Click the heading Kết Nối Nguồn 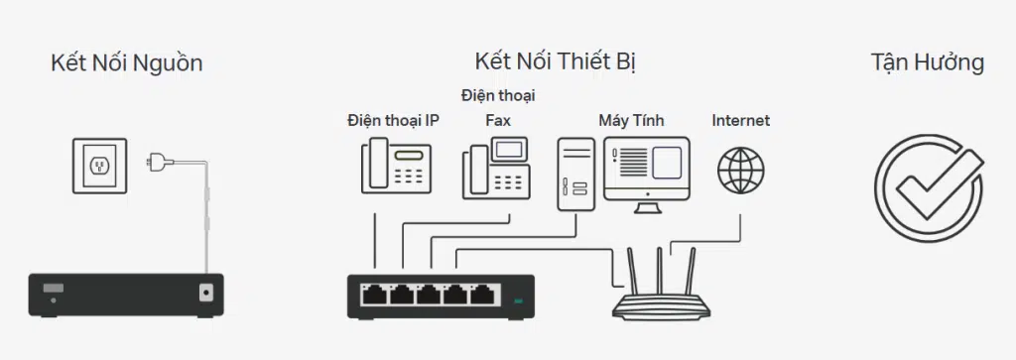(126, 63)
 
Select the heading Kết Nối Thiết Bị (555, 61)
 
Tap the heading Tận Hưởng (927, 62)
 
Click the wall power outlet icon (99, 167)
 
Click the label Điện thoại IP (393, 121)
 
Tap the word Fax (497, 121)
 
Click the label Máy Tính (631, 121)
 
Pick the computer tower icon (575, 173)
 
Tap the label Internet (740, 121)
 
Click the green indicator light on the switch (517, 300)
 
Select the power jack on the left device (206, 294)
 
